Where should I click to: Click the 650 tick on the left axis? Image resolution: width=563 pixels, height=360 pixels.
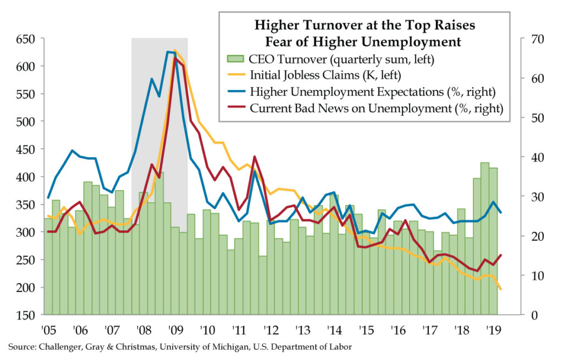tap(25, 39)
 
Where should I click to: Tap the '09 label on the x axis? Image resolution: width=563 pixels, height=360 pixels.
tap(175, 331)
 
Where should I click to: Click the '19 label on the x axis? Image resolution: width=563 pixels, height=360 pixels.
tap(493, 331)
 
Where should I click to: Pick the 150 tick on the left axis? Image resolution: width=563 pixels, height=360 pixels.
tap(25, 315)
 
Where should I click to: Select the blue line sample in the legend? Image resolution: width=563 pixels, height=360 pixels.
tap(235, 91)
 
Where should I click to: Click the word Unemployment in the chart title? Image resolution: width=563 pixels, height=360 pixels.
tap(410, 41)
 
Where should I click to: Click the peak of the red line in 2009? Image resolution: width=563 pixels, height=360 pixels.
tap(175, 58)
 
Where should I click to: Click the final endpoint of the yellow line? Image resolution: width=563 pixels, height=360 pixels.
tap(500, 289)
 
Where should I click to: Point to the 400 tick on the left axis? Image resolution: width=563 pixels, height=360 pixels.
tap(25, 177)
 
